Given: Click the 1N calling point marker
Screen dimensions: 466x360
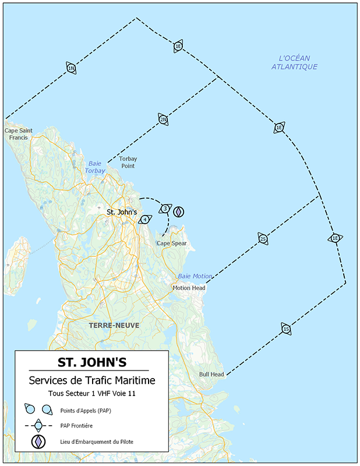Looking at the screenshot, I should coord(71,68).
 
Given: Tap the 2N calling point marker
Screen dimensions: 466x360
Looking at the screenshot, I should coord(163,119).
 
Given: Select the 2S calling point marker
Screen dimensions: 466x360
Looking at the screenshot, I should coord(263,239).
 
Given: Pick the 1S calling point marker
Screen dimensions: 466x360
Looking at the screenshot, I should coord(285,329).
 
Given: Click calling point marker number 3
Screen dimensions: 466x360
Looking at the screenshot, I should coord(165,209).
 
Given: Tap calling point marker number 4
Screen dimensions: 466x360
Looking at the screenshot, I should coord(145,219).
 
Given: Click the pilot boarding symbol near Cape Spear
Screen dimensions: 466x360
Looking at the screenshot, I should coord(179,211).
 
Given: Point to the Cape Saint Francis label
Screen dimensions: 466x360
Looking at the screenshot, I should coord(19,134).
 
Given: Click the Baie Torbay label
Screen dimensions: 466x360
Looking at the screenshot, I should coord(95,167).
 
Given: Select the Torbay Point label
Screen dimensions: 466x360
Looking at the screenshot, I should coord(128,162).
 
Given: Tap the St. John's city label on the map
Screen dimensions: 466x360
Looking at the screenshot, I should coord(122,212).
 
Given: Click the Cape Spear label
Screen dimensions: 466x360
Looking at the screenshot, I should coord(172,243).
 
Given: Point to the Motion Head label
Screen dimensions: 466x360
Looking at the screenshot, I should coord(189,288).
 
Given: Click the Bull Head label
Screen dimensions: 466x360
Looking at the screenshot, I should coord(211,374).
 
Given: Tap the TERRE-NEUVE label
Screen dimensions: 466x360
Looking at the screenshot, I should coord(114,326).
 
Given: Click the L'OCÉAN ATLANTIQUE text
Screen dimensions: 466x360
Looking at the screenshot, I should coord(294,62).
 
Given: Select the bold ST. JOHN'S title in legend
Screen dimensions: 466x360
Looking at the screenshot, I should coord(91,362).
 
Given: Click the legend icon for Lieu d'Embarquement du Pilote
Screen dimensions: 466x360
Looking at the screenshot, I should coord(38,442).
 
